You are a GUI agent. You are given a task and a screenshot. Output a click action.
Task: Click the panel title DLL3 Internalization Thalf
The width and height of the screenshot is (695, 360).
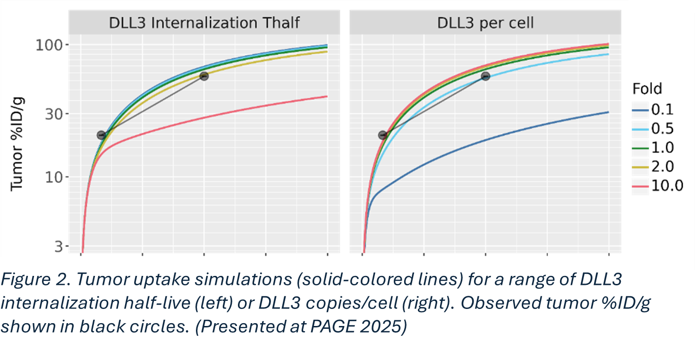tap(204, 23)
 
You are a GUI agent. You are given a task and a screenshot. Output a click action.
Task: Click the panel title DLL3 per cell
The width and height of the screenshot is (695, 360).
tap(485, 23)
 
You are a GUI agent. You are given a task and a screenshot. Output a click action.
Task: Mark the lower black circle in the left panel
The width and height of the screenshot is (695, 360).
tap(101, 135)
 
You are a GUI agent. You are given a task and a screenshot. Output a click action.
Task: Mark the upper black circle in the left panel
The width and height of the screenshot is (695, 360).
tap(204, 76)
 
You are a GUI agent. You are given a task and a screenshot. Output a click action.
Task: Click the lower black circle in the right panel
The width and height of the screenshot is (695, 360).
tap(382, 135)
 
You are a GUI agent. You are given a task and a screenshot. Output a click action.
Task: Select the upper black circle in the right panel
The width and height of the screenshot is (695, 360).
tap(485, 76)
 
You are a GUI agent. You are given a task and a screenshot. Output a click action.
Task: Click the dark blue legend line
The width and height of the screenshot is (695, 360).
tap(640, 111)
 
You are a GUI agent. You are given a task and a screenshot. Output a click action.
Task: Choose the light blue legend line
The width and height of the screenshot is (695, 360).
tap(640, 129)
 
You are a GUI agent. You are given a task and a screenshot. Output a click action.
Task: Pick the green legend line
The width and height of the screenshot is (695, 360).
tap(640, 148)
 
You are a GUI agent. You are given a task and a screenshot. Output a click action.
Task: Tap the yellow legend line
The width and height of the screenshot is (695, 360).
tap(640, 167)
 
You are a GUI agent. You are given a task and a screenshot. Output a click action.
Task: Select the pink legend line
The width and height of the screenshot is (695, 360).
tap(640, 187)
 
